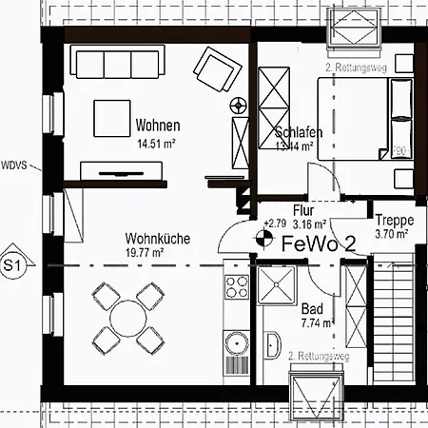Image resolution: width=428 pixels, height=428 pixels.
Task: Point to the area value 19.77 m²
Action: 145,252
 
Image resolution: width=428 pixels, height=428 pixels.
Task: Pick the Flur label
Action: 303,211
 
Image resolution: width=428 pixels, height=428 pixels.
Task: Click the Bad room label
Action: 310,309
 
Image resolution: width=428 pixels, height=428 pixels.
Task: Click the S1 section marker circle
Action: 13,265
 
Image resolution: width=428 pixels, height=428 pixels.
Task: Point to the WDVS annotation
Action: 14,165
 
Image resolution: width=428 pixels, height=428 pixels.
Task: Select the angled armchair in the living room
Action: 217,69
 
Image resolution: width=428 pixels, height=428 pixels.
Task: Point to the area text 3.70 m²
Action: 391,232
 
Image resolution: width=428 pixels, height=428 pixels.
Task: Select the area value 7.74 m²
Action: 316,323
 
